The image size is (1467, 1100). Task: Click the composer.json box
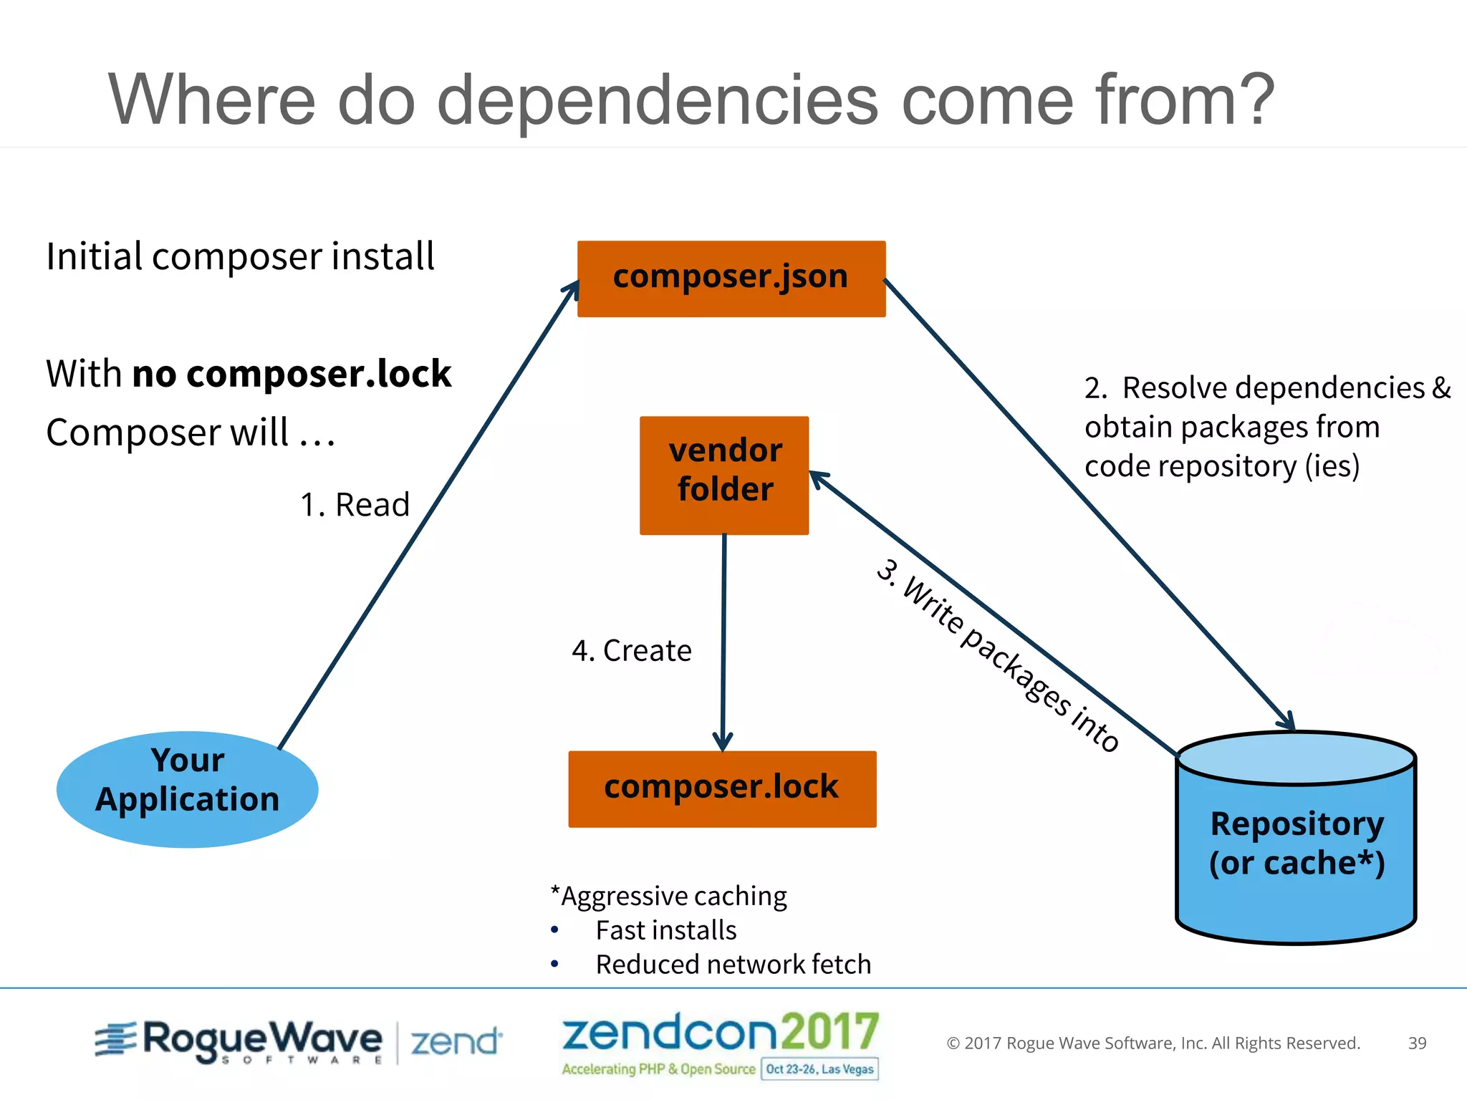[x=731, y=279]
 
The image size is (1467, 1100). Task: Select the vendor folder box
[x=724, y=475]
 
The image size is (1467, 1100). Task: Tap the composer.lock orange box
[x=722, y=788]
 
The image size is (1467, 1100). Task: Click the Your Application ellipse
[x=187, y=788]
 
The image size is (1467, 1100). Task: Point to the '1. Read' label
[x=355, y=505]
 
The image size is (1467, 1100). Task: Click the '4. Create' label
[x=631, y=651]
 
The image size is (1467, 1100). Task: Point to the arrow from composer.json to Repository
[x=1089, y=501]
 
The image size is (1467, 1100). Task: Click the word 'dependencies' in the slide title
[x=657, y=100]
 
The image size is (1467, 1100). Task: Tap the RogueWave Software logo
[x=239, y=1041]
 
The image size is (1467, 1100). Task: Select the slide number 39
[x=1417, y=1043]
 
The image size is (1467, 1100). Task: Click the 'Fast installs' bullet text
[x=665, y=930]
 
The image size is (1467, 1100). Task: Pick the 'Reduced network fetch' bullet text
[x=733, y=965]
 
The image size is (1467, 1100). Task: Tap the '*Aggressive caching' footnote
[x=668, y=896]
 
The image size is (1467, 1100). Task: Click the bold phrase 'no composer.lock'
[x=292, y=374]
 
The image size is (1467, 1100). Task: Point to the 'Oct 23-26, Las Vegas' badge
[x=819, y=1069]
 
